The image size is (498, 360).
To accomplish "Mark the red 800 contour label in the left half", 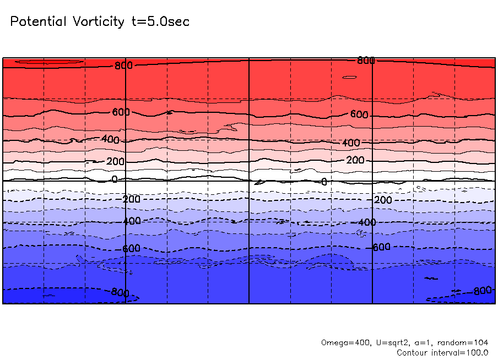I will pyautogui.click(x=123, y=66).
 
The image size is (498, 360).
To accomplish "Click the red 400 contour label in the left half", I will pyautogui.click(x=110, y=140).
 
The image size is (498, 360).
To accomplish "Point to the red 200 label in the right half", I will pyautogui.click(x=355, y=160).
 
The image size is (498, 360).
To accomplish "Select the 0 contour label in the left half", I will pyautogui.click(x=115, y=179).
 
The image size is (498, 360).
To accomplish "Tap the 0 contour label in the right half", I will pyautogui.click(x=324, y=182).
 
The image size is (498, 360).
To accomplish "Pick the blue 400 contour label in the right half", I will pyautogui.click(x=367, y=222).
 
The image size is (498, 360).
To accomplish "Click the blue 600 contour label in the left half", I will pyautogui.click(x=131, y=249).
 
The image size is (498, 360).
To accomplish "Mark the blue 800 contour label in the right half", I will pyautogui.click(x=482, y=291).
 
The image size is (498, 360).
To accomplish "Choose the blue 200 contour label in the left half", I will pyautogui.click(x=131, y=199).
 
